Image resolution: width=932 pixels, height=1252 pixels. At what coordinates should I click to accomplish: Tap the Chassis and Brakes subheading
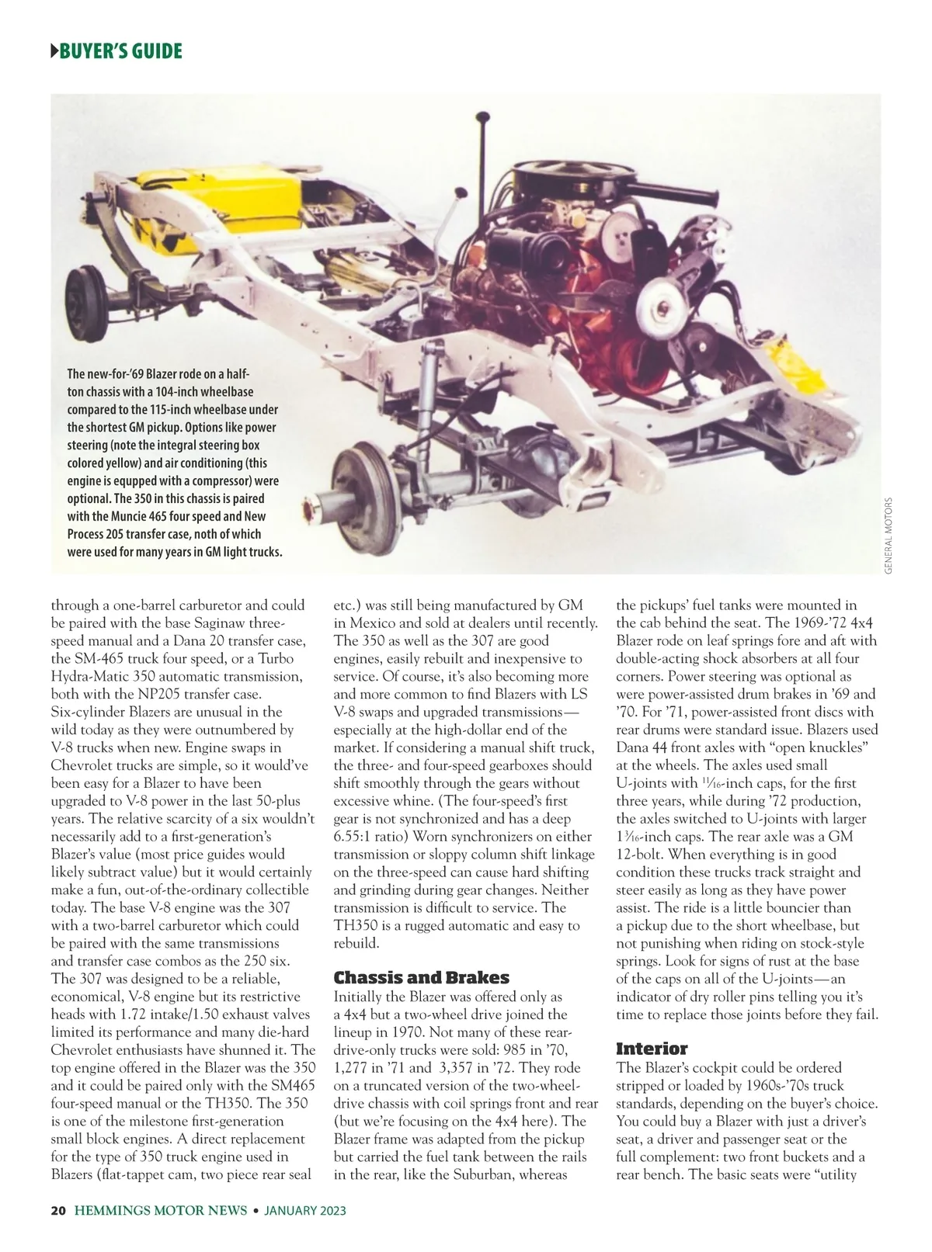[x=421, y=977]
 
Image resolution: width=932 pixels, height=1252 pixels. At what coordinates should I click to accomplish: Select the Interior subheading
[x=652, y=1049]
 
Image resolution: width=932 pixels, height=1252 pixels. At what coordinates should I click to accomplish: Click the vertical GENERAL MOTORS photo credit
[x=888, y=536]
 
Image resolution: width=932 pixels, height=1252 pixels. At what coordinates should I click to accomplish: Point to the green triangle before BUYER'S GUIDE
[x=54, y=52]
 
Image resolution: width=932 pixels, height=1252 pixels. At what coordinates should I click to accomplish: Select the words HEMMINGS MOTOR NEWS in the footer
[x=161, y=1211]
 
